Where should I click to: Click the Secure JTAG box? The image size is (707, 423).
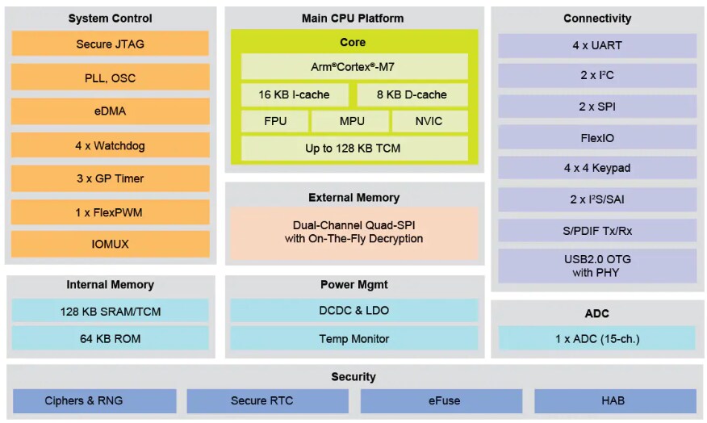click(110, 44)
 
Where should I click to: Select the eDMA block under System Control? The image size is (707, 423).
click(110, 111)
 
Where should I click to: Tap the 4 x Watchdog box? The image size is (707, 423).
click(110, 146)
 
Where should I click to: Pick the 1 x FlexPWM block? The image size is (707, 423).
click(110, 212)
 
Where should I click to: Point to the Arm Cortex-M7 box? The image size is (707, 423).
click(353, 67)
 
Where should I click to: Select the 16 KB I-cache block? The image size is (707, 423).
click(295, 94)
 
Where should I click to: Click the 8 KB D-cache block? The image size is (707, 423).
click(412, 94)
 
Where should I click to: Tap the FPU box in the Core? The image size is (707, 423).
click(274, 121)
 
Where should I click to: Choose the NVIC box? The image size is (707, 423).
click(429, 121)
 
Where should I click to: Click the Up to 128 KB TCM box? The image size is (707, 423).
click(353, 149)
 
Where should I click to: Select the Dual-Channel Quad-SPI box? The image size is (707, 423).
click(353, 232)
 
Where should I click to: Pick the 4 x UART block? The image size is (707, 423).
click(596, 45)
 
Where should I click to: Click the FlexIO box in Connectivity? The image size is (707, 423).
click(596, 138)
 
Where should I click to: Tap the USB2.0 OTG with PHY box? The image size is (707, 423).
click(596, 266)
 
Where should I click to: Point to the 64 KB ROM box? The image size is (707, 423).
click(110, 338)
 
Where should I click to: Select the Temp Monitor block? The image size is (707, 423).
click(353, 339)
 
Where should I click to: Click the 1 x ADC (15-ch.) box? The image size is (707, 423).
click(596, 338)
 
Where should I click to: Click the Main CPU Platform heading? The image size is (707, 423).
click(353, 18)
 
